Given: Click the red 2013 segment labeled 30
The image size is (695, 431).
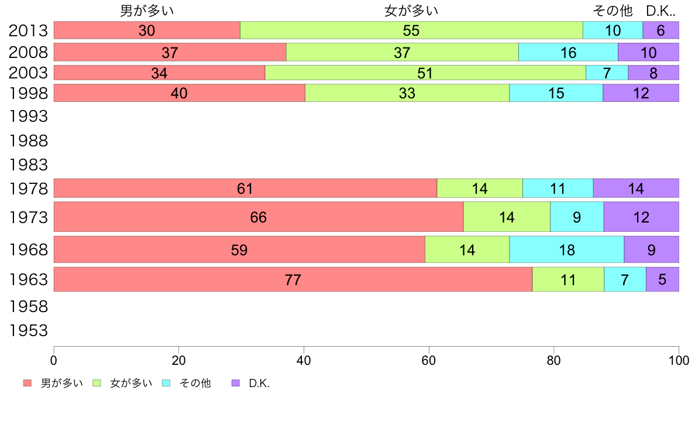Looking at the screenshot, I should tap(147, 30).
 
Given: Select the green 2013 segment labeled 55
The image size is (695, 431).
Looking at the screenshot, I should tap(411, 30).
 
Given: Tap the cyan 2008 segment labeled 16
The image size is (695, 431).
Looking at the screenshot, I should tap(568, 52).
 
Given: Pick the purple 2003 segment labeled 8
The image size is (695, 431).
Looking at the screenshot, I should tap(653, 73).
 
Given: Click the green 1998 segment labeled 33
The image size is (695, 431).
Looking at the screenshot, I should tap(407, 93).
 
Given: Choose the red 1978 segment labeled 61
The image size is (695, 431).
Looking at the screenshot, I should tap(245, 189).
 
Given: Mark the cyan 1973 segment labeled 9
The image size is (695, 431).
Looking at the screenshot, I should tap(577, 217).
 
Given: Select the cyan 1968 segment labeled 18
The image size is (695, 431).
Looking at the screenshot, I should tap(567, 250).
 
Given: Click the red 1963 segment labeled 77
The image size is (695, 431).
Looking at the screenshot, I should tap(293, 279).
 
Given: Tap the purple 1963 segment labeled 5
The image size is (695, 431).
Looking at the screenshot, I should tap(662, 279).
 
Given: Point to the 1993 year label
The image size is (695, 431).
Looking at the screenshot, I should tap(28, 117).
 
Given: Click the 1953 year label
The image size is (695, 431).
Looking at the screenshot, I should tap(28, 331).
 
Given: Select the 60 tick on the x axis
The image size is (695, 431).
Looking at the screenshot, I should tap(429, 360).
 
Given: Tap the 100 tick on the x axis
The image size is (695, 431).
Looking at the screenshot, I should tap(679, 360).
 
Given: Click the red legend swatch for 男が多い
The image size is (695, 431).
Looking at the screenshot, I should tap(27, 383).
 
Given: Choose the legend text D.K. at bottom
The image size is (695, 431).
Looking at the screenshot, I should tap(259, 384).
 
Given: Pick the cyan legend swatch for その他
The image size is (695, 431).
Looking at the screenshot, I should tap(166, 383).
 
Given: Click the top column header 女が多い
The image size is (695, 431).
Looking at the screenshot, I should tap(411, 11).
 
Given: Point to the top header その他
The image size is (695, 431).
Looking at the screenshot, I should tap(613, 11).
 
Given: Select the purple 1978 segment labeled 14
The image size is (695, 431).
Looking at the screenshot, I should tap(636, 189).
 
